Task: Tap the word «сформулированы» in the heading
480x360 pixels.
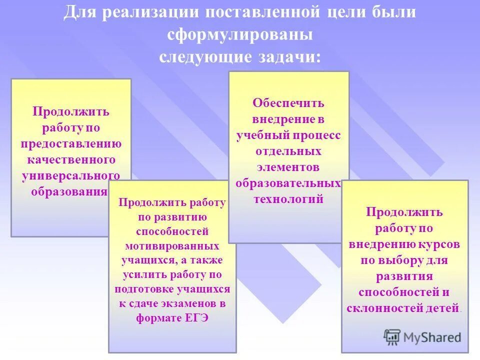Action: [240, 35]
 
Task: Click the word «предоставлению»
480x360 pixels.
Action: [71, 144]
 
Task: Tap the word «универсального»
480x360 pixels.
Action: [71, 176]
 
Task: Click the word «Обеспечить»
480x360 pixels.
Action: [288, 103]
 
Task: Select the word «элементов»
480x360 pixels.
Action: [288, 167]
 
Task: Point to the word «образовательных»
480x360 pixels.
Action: [288, 183]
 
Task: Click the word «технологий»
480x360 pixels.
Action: [288, 199]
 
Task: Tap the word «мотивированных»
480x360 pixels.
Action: [172, 246]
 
